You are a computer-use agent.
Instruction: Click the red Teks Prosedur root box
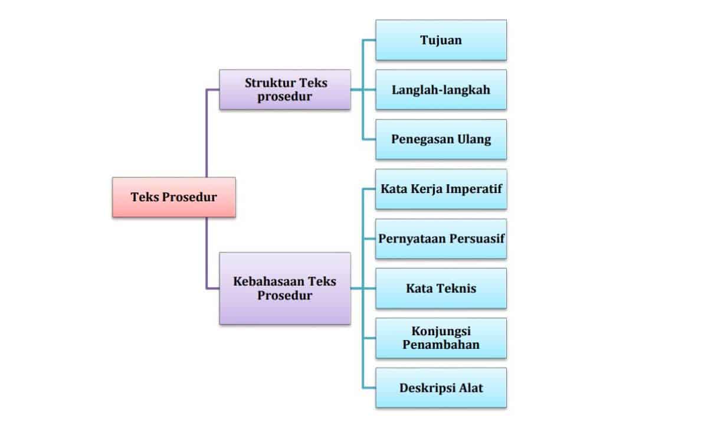[x=174, y=197]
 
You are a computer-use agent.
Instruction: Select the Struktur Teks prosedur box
[x=285, y=90]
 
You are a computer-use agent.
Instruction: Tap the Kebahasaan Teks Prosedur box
[x=285, y=289]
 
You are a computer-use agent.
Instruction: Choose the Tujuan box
[x=441, y=40]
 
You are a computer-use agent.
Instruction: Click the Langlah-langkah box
[x=441, y=90]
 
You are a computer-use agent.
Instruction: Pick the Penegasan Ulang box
[x=441, y=139]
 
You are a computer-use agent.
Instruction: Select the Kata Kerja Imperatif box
[x=441, y=189]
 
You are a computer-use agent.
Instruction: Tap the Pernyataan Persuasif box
[x=441, y=238]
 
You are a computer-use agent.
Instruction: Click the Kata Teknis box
[x=441, y=289]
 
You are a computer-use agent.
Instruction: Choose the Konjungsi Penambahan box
[x=441, y=338]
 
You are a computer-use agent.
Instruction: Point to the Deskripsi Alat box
[x=441, y=388]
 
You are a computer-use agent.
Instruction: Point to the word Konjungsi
[x=441, y=332]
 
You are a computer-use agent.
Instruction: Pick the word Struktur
[x=270, y=83]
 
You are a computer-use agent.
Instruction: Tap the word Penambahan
[x=441, y=345]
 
